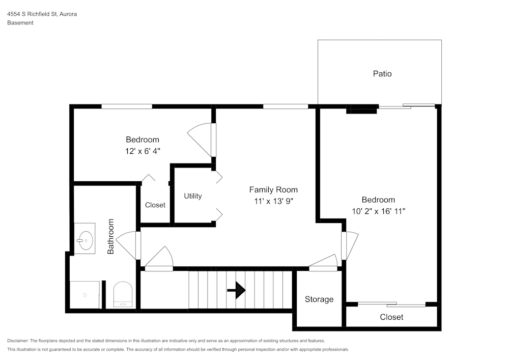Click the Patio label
[382, 74]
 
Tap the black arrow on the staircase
[236, 290]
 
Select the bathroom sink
[84, 238]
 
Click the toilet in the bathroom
[122, 295]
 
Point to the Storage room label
[319, 299]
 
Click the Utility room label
[193, 196]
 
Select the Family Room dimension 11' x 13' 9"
[273, 201]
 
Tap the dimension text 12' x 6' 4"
[143, 151]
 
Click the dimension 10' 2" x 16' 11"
[378, 211]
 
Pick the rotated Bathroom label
[111, 236]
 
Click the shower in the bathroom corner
[84, 294]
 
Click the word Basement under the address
[20, 23]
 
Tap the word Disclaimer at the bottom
[18, 341]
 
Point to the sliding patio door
[407, 106]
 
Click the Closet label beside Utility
[155, 205]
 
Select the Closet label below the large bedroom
[391, 317]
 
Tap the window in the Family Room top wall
[286, 106]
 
